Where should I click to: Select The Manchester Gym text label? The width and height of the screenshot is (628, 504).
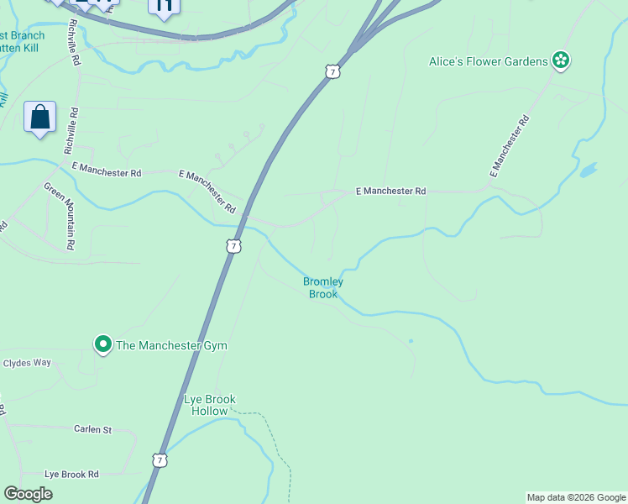[171, 345]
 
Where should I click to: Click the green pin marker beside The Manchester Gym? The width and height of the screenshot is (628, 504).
[103, 344]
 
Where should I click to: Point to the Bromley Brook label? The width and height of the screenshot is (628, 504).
[323, 288]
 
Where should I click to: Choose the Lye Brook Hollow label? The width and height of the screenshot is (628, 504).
[210, 405]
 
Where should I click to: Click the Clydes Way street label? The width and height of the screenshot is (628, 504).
[28, 363]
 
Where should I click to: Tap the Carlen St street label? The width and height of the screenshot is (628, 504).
[92, 429]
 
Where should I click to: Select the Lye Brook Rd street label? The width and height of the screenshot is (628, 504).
[71, 474]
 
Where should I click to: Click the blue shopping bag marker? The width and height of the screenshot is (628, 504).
[40, 117]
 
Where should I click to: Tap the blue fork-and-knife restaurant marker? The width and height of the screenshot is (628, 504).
[164, 7]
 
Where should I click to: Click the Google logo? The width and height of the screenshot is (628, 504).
[28, 494]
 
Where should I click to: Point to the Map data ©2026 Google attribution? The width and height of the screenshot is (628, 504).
[576, 498]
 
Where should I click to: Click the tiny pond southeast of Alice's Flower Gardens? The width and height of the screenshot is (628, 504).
[588, 170]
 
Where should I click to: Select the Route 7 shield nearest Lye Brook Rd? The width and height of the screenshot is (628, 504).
[160, 459]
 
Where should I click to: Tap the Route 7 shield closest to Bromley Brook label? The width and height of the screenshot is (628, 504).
[233, 245]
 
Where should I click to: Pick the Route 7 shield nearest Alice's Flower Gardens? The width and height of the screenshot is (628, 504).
[333, 72]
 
